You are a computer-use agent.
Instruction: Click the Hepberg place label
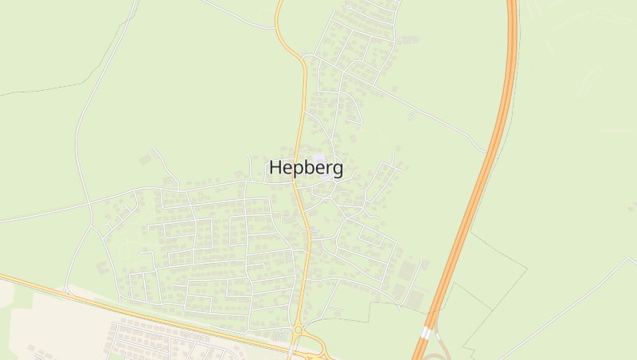click(307, 169)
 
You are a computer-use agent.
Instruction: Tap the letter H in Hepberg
click(276, 168)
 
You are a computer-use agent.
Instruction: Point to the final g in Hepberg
click(338, 170)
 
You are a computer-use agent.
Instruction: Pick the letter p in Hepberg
click(298, 170)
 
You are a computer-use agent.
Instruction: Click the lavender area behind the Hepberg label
click(320, 160)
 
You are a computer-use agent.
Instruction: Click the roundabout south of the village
click(298, 329)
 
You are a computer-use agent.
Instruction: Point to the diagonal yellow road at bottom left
click(119, 307)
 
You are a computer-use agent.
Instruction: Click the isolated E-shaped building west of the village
click(146, 159)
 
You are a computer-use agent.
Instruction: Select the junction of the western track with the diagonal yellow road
click(64, 292)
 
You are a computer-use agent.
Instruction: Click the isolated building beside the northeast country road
click(411, 116)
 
